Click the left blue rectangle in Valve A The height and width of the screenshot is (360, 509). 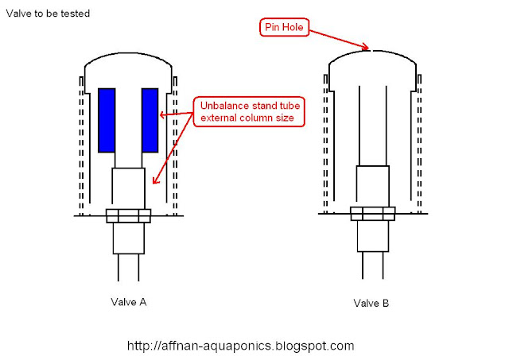[x=107, y=120]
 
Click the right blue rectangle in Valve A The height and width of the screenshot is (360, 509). [x=150, y=120]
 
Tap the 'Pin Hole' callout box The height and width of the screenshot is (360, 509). [x=284, y=27]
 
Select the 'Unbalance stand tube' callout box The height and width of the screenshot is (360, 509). [x=249, y=111]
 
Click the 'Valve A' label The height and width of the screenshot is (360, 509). [x=129, y=302]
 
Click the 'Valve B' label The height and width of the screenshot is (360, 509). [x=371, y=303]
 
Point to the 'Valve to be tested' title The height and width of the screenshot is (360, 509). [x=48, y=14]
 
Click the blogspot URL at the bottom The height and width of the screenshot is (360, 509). [x=240, y=346]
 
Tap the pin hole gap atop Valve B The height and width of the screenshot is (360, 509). [x=371, y=51]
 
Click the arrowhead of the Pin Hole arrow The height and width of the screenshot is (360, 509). [x=366, y=47]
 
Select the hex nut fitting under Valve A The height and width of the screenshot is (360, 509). [x=129, y=215]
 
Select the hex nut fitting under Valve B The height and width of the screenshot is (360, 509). [x=373, y=214]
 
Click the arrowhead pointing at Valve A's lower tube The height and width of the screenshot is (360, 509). [x=156, y=180]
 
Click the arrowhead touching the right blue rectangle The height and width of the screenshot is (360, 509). [x=163, y=114]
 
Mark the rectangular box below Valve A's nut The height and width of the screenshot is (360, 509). [x=129, y=238]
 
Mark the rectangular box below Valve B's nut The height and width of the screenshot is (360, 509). [x=373, y=236]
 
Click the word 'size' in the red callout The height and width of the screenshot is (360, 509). [x=285, y=118]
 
